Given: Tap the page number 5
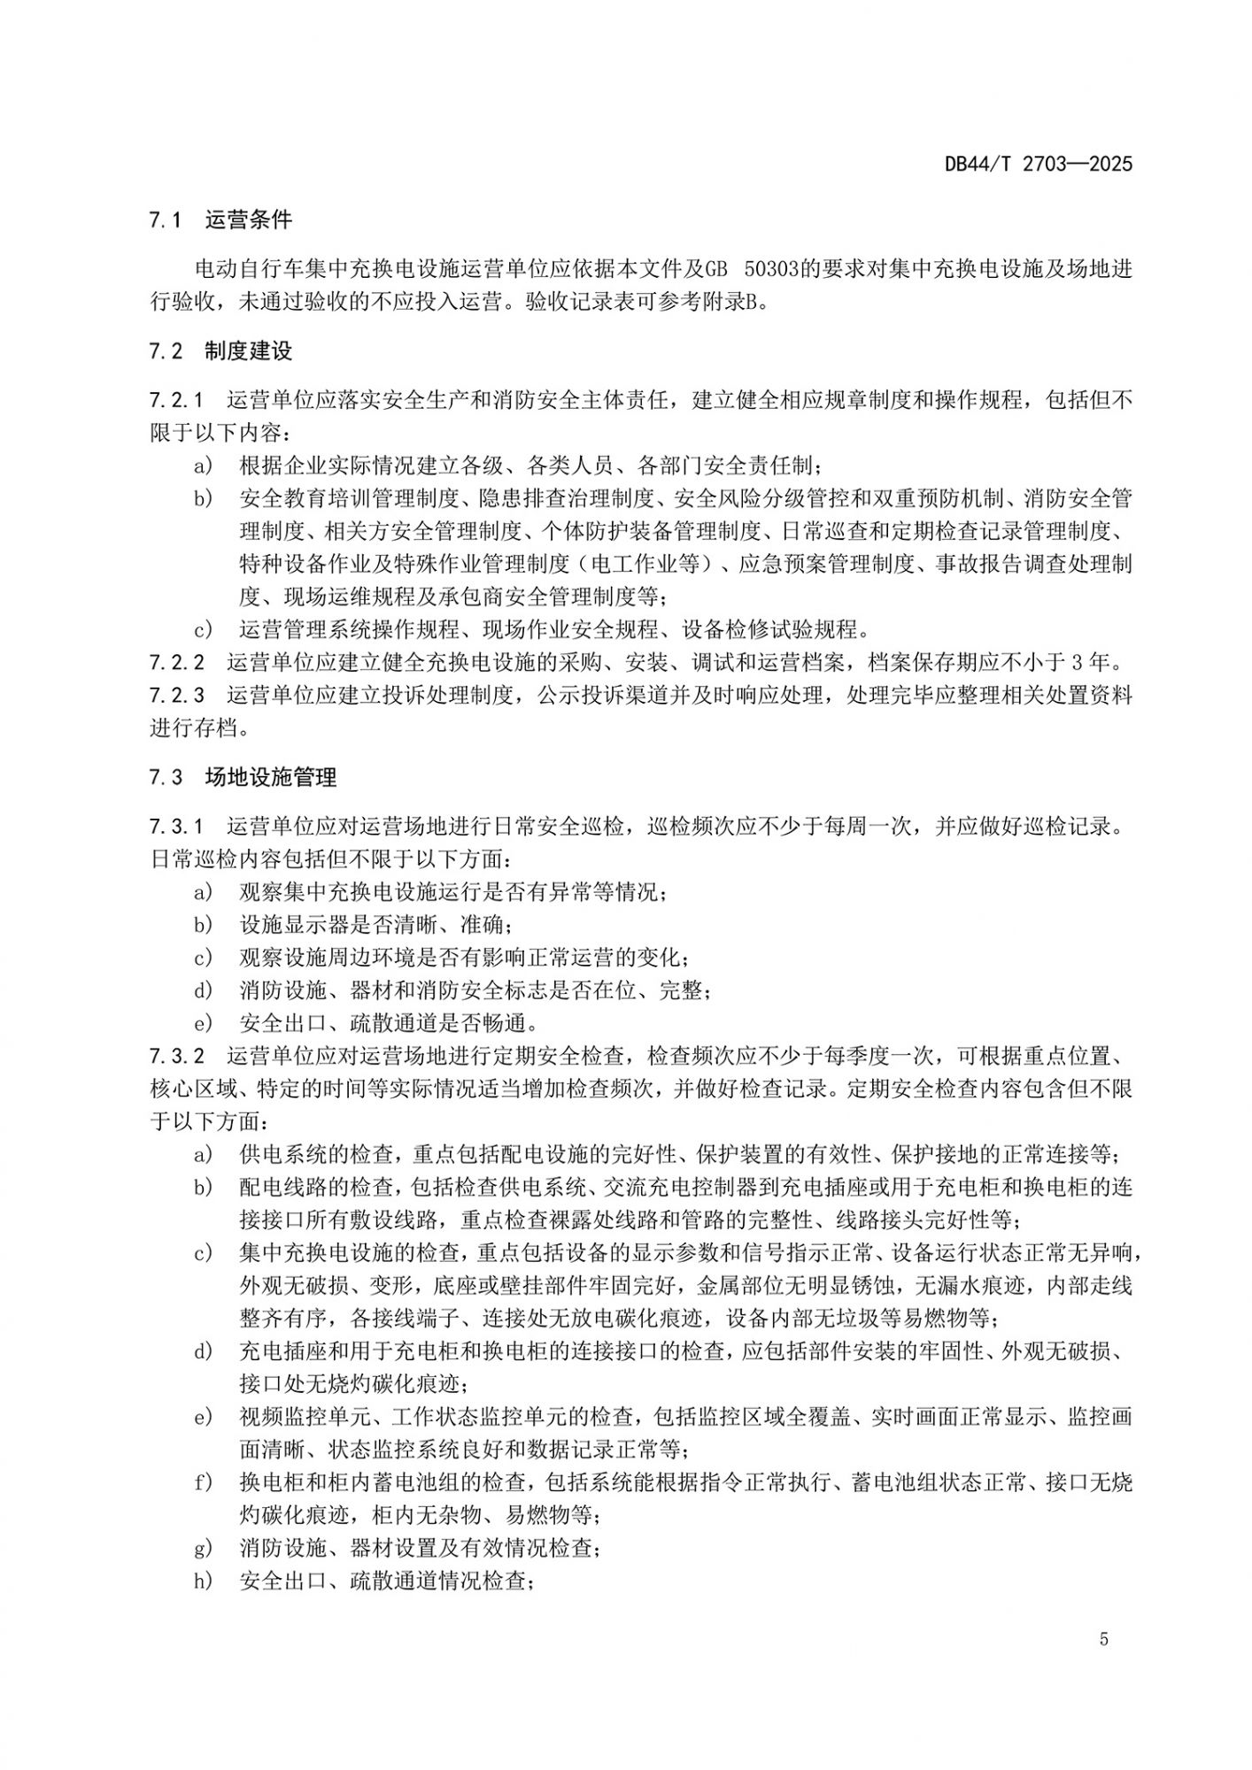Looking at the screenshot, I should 1103,1639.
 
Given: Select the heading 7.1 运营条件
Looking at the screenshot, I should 220,220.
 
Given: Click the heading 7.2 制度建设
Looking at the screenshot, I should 220,351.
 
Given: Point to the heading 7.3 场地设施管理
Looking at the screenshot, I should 243,778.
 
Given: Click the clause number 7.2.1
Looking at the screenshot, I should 176,400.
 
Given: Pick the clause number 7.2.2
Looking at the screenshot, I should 176,662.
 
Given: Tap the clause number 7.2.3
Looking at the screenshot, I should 176,695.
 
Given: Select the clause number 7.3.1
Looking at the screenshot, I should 176,827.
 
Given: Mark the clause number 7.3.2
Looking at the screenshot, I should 176,1056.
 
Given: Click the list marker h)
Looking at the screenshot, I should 204,1581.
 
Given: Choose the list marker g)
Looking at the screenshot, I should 204,1548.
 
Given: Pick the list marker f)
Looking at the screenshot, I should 204,1482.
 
